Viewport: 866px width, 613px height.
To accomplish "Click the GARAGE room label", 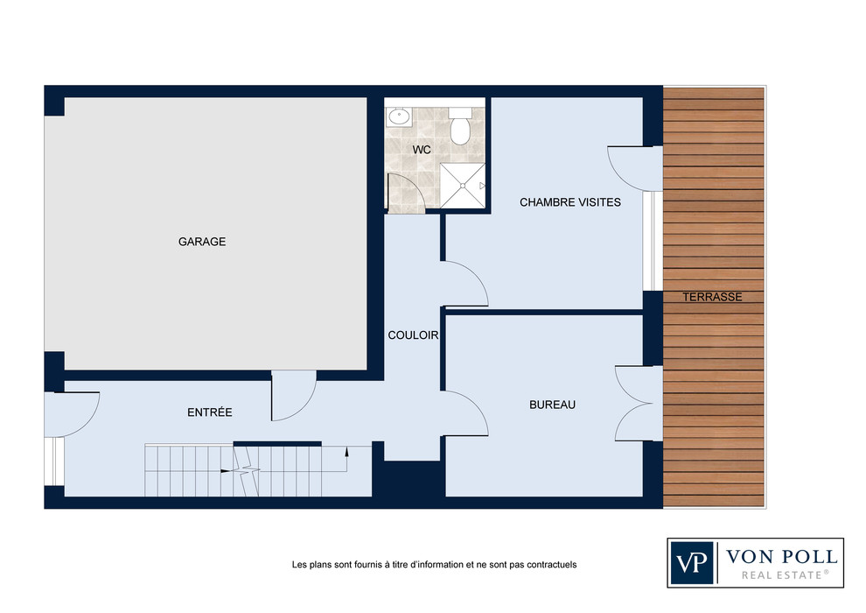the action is [x=201, y=242].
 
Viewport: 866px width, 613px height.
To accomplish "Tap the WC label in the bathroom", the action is [x=422, y=150].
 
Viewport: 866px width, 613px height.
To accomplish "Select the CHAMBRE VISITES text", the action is [x=570, y=202].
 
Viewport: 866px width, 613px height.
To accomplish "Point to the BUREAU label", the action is [x=552, y=405].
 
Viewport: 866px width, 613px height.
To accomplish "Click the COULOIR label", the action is [x=413, y=335].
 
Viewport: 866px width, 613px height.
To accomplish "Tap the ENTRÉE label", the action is [x=209, y=412].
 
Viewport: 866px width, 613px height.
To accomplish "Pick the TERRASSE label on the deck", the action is [x=712, y=297].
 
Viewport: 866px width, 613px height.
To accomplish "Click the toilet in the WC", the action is [x=459, y=126].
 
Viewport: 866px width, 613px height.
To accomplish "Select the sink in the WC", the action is [x=398, y=116].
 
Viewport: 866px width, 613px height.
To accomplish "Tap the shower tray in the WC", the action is [x=463, y=186].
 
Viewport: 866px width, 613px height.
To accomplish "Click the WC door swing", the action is [x=407, y=193].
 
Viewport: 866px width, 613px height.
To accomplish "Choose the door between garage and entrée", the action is [x=293, y=396].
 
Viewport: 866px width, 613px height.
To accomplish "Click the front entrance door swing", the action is [x=72, y=414].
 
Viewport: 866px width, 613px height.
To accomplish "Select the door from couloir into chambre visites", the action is [x=465, y=284].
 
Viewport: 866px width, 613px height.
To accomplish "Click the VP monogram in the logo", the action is [x=691, y=563].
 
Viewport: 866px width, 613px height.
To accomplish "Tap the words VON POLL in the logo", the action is [x=781, y=556].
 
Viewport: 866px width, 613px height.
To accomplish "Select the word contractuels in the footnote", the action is [x=551, y=565].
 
